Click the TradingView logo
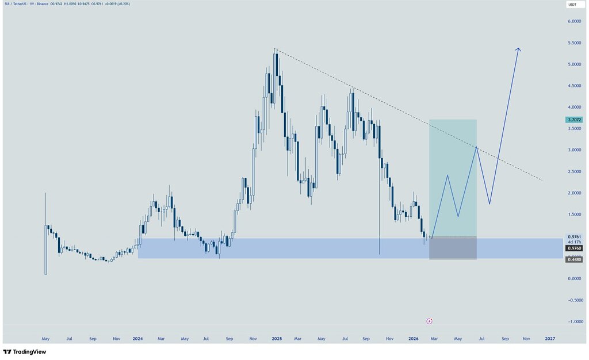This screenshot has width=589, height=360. (25, 351)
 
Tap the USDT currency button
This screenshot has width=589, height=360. (572, 5)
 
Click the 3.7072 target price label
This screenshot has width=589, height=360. (573, 120)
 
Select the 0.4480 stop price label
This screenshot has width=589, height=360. (573, 260)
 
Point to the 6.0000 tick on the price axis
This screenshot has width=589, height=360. (573, 22)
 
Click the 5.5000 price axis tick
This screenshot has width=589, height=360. (573, 43)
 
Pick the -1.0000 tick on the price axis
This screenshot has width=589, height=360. (573, 322)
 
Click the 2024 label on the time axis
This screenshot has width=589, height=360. (137, 339)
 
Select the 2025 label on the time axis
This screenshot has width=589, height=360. (277, 339)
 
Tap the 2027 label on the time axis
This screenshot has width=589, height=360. (550, 339)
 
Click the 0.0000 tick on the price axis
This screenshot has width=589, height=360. (573, 279)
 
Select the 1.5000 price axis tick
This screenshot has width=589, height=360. (573, 215)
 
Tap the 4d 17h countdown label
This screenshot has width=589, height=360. (573, 242)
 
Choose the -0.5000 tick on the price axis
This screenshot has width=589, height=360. (573, 300)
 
